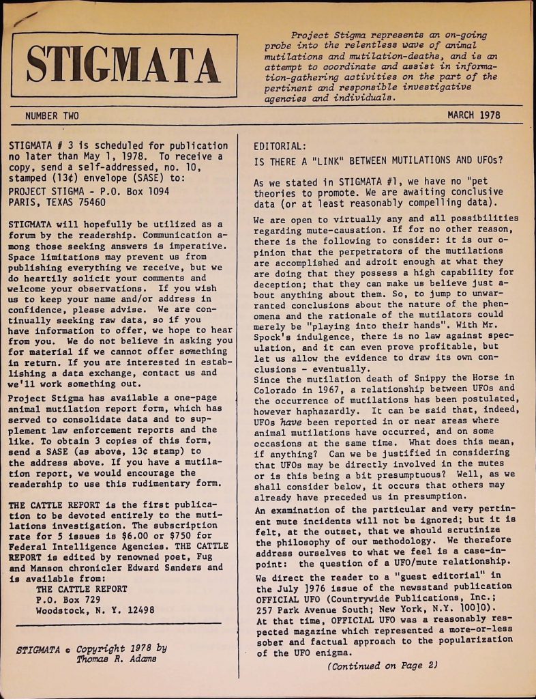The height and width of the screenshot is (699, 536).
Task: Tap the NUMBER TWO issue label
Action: point(52,115)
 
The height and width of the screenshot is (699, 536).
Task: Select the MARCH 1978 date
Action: point(473,115)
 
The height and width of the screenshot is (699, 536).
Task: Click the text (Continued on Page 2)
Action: point(381,666)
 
